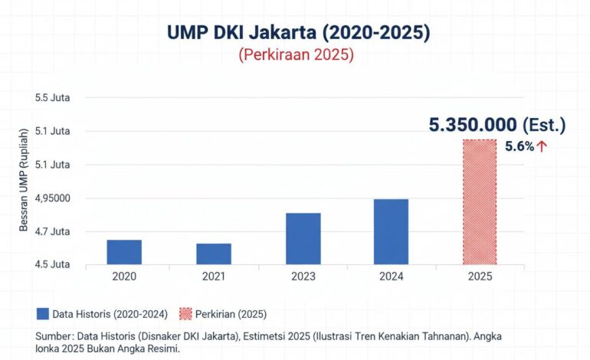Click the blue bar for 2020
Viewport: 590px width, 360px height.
coord(124,252)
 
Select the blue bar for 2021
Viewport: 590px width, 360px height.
coord(214,254)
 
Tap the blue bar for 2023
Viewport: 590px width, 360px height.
coord(303,239)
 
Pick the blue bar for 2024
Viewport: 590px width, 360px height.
coord(391,232)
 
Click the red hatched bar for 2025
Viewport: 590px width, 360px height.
coord(480,202)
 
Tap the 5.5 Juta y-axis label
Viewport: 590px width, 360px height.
coord(52,98)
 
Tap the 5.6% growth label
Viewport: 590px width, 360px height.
coord(520,147)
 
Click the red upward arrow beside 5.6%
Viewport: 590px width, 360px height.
coord(542,147)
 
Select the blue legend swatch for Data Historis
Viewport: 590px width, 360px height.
coord(42,314)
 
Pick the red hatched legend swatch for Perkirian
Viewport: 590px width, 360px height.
coord(185,314)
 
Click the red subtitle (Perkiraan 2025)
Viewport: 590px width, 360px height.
coord(296,55)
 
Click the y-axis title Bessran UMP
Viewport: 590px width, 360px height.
coord(24,180)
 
